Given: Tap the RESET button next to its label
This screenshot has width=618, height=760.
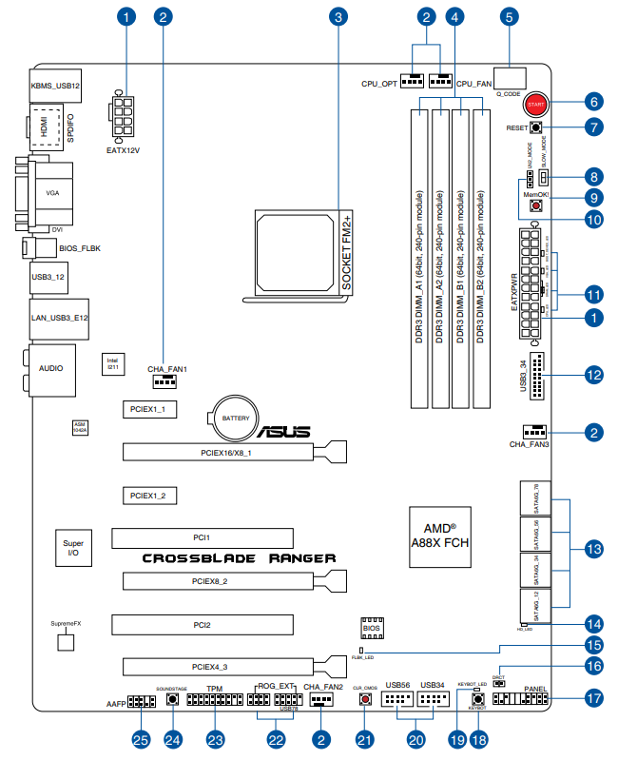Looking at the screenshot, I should coord(536,127).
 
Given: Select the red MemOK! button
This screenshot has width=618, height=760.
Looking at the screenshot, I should coord(536,205).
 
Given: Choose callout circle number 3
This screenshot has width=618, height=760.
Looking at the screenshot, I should coord(338,17).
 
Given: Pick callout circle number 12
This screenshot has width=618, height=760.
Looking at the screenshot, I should coord(594,375).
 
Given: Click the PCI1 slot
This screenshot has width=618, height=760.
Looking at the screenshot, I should coord(202,537).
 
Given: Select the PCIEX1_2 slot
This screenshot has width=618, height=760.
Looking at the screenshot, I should coord(148,496).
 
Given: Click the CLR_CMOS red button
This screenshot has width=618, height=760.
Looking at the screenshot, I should coord(365,700).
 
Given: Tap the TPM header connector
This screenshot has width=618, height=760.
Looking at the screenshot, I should coord(215,701).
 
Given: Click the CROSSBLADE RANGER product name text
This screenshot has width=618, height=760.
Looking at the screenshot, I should coord(239,558).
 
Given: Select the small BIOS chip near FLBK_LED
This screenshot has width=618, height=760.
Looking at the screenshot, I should coord(372,629).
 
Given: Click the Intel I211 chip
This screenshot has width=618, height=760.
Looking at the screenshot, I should coord(111,362).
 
